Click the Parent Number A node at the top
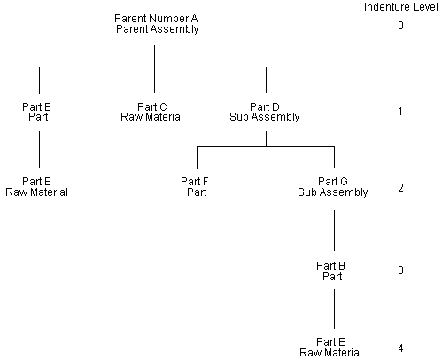tap(156, 24)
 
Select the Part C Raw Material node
tap(152, 112)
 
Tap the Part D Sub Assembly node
tap(266, 112)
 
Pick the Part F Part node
tap(195, 187)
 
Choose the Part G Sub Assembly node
tap(332, 187)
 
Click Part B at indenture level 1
tap(37, 112)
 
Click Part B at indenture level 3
tap(332, 270)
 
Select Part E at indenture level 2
tap(37, 187)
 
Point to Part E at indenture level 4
tap(332, 346)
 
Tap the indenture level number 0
tap(400, 26)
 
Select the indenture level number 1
tap(400, 113)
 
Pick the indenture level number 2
tap(400, 188)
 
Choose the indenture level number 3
tap(400, 270)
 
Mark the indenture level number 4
tap(400, 347)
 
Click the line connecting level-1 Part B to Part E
tap(38, 149)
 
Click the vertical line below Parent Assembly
tap(155, 51)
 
